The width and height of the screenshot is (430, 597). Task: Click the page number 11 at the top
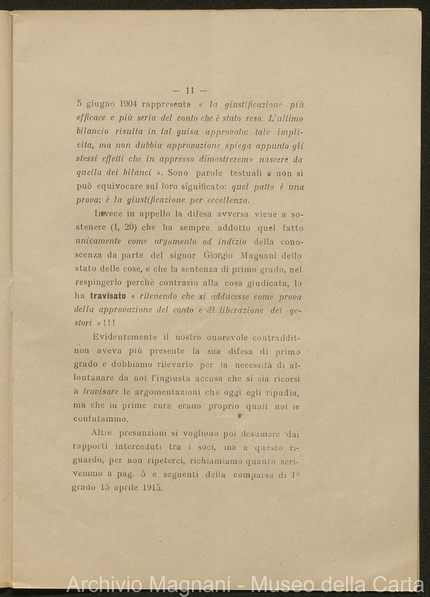[x=190, y=91]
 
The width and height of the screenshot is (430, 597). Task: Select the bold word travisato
[x=108, y=296]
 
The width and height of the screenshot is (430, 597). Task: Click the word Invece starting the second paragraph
[x=107, y=214]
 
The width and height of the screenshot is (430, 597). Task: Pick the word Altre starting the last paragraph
[x=103, y=433]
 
